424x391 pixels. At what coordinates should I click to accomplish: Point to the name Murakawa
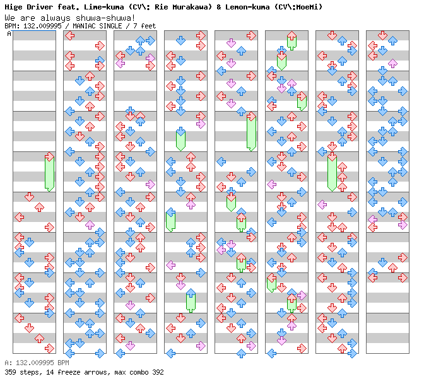pos(187,7)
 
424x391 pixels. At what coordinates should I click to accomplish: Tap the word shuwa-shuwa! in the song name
pos(109,18)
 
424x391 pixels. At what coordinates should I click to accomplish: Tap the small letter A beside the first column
pos(9,34)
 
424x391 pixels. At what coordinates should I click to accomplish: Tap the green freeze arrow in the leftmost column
pos(49,172)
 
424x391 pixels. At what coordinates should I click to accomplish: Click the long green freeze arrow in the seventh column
pos(332,172)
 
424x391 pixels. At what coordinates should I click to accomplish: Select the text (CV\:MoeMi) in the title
pos(298,7)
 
